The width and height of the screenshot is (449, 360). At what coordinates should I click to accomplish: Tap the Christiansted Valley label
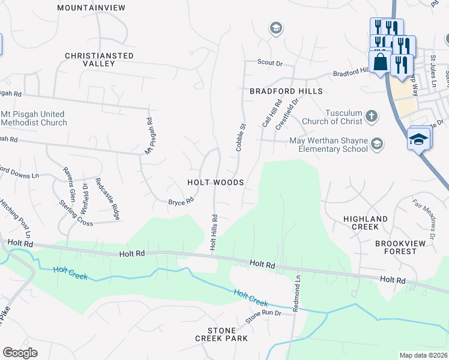(100, 59)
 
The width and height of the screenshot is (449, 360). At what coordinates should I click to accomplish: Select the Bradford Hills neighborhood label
(286, 91)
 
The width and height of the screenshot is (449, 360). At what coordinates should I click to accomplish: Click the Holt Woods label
(215, 182)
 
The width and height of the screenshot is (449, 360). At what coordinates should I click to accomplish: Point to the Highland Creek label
(365, 223)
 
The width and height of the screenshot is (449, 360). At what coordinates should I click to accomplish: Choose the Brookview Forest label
(396, 247)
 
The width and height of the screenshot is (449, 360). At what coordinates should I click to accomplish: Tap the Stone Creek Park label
(221, 335)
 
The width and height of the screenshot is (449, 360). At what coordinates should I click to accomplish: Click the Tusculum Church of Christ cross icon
(372, 116)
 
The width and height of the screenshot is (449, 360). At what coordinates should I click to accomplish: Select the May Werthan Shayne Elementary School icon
(376, 143)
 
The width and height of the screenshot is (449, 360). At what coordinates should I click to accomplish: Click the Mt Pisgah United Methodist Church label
(34, 118)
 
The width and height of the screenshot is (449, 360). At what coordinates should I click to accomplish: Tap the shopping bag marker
(381, 61)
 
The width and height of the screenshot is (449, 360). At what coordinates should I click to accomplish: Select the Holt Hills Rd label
(212, 232)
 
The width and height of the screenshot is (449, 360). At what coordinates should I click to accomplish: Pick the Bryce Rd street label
(181, 202)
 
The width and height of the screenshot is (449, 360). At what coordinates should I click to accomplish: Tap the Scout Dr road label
(270, 62)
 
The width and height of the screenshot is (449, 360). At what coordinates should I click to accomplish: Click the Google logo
(20, 353)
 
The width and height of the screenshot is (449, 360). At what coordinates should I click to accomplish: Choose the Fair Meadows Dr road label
(424, 214)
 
